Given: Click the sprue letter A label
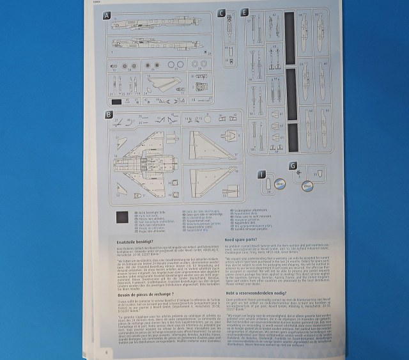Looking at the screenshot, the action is pos(107,15).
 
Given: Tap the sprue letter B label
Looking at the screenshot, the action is pos(109,114).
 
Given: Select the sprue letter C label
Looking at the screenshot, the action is pos(221,13).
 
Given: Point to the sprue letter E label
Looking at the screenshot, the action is pos(244,12).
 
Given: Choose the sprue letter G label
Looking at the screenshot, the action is pos(293,166).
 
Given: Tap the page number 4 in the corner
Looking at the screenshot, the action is pos(104,352).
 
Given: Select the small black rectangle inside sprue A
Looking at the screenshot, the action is pos(116,101).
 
